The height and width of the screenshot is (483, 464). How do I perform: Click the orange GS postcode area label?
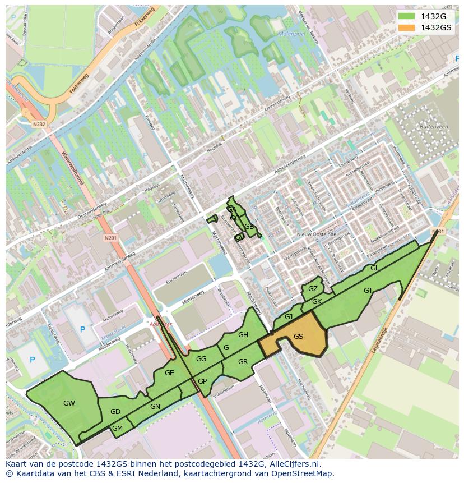tap(298, 337)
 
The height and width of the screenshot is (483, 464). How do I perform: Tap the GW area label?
tap(69, 403)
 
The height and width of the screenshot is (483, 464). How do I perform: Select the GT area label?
tap(368, 291)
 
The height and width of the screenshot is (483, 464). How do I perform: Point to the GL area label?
tap(374, 268)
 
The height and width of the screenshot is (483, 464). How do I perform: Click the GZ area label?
tap(313, 289)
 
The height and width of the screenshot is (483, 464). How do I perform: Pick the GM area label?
tap(117, 429)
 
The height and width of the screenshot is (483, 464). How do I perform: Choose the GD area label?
tap(115, 412)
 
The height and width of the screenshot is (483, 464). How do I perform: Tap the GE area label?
tap(169, 373)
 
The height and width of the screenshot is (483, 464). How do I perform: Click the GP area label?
tap(202, 381)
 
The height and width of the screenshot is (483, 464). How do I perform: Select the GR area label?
tap(243, 362)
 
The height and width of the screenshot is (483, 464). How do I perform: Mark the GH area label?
tap(243, 335)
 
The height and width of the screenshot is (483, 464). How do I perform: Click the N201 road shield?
tap(110, 238)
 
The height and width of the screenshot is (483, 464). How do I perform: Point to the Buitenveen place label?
tap(430, 127)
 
